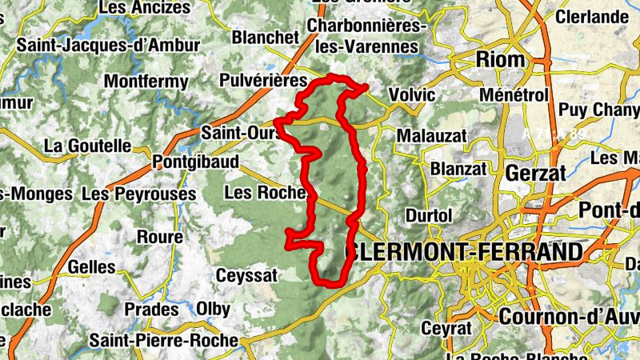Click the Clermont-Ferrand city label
click(465, 253)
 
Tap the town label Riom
click(501, 59)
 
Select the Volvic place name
click(413, 95)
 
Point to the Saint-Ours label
click(238, 131)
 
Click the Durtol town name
click(430, 216)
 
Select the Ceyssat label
click(247, 275)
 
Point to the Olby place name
click(213, 309)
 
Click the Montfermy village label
click(146, 82)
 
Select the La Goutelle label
click(87, 146)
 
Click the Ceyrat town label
click(442, 329)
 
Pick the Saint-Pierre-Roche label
click(164, 341)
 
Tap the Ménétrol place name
click(514, 95)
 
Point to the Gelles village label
click(93, 266)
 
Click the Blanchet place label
click(265, 38)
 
